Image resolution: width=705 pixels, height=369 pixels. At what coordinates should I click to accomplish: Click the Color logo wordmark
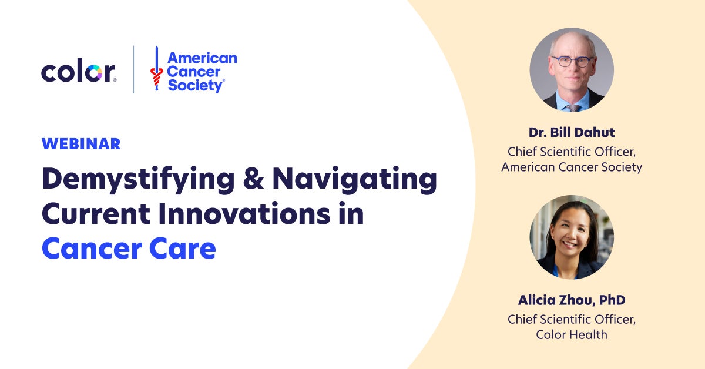click(78, 70)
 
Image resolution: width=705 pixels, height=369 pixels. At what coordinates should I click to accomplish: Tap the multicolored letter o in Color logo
click(94, 73)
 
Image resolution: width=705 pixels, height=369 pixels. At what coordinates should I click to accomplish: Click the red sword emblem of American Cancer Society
click(156, 69)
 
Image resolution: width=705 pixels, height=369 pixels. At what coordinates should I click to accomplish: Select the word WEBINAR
click(81, 144)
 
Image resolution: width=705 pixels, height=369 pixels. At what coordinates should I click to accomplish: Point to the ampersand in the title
click(253, 178)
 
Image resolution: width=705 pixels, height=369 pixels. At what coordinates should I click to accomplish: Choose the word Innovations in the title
click(244, 213)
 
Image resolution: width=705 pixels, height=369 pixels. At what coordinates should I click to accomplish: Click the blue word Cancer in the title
click(92, 249)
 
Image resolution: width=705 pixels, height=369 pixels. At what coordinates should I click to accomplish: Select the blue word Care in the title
click(183, 249)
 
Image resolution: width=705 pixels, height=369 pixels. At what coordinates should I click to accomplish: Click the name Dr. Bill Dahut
click(572, 133)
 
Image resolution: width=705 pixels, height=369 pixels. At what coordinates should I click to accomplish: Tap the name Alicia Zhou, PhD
click(572, 300)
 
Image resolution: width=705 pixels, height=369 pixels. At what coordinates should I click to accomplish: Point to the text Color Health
click(572, 334)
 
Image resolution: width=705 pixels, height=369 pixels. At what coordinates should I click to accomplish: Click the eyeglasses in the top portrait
click(571, 61)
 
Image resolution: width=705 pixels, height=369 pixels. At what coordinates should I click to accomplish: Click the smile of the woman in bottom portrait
click(570, 244)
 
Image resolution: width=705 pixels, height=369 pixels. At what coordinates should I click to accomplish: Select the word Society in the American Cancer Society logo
click(196, 86)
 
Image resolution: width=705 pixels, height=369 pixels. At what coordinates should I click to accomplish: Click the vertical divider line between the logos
click(133, 69)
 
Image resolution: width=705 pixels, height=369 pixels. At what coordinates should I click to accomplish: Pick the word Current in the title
click(96, 214)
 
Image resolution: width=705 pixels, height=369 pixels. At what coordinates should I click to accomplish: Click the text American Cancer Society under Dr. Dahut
click(572, 167)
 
